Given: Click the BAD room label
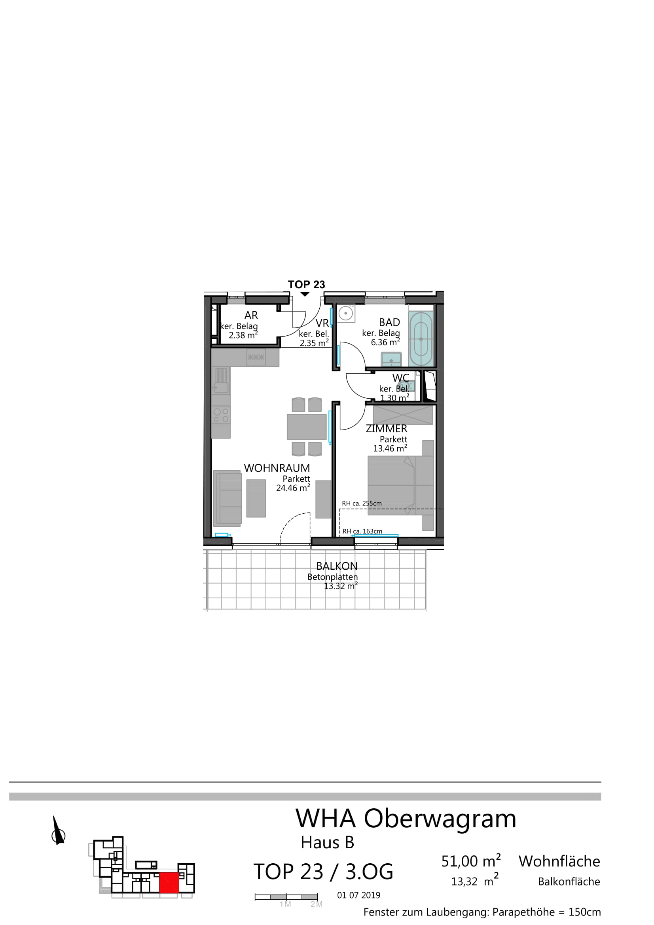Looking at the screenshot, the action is point(389,322).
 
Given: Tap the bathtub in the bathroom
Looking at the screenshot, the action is point(421,339).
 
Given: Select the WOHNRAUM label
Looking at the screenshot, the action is point(277,468).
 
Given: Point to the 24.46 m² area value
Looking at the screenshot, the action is point(293,488).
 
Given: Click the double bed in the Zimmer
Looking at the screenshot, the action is point(400,485).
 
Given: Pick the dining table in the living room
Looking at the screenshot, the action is point(307,427).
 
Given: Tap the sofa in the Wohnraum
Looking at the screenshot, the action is point(227,498).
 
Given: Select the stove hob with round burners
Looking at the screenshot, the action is point(221,415).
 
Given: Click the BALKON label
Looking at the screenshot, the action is point(337,566).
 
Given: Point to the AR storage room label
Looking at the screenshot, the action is point(251,315).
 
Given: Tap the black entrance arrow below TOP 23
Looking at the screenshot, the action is point(305,294).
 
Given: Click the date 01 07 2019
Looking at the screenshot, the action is point(358,895).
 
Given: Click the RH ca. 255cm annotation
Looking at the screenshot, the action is point(362,503).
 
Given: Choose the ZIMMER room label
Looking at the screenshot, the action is point(387,429).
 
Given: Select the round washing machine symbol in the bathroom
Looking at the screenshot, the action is point(346,313).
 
